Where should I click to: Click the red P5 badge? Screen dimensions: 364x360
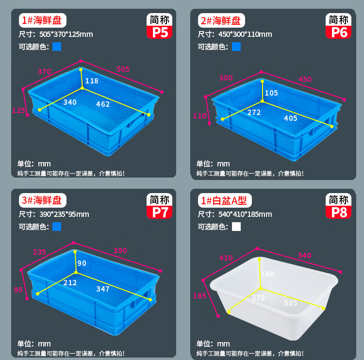click(160, 32)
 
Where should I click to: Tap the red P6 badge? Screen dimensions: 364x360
click(338, 32)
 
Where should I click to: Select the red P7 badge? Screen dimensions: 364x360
click(160, 212)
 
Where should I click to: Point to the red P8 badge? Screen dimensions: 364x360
click(338, 212)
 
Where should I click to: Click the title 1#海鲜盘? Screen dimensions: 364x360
click(42, 20)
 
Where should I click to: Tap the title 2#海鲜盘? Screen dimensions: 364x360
click(221, 20)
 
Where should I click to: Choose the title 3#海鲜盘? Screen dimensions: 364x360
click(42, 200)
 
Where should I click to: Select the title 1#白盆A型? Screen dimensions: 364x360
click(225, 200)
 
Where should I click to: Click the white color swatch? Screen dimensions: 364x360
click(236, 227)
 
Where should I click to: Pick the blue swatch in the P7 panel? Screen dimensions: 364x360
click(57, 227)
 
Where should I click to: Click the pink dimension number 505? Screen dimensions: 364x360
click(123, 69)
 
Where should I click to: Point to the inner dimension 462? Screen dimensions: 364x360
click(103, 104)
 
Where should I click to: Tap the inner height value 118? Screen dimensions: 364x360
click(92, 81)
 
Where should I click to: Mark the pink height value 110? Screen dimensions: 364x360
click(199, 115)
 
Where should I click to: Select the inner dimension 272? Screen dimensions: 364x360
click(254, 113)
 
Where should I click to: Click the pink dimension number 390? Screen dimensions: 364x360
click(120, 251)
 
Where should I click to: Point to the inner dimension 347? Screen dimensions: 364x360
click(103, 289)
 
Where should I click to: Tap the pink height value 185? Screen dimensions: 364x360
click(199, 295)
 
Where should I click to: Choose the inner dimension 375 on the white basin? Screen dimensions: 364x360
click(258, 297)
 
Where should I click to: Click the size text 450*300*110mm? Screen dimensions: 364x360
click(245, 34)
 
